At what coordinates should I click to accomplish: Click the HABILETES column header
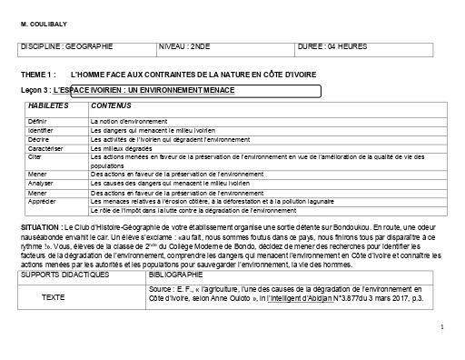tap(48, 107)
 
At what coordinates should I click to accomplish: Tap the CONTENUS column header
tap(109, 107)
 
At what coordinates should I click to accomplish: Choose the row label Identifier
tap(41, 129)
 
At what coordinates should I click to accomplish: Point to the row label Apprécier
tap(42, 201)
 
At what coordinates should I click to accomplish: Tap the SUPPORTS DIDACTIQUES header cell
tap(64, 274)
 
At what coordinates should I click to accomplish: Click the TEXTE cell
tap(54, 296)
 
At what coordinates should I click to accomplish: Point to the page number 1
tap(440, 325)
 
